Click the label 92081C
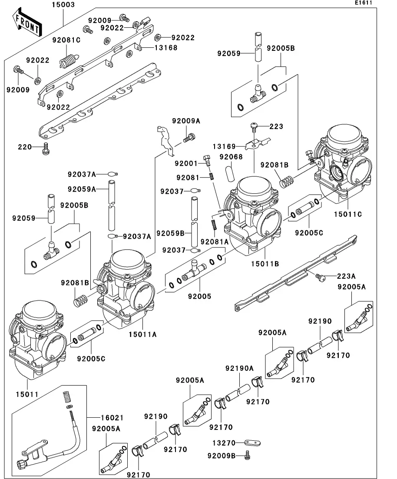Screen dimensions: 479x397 click(x=66, y=40)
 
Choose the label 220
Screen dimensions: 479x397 click(x=25, y=147)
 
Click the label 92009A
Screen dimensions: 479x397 click(x=186, y=121)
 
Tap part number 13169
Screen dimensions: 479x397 click(x=224, y=147)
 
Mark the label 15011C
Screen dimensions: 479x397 click(x=347, y=214)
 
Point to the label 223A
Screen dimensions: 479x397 click(x=347, y=276)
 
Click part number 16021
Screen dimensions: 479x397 click(x=112, y=418)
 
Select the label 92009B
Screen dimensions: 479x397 click(x=221, y=456)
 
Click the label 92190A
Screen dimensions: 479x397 click(x=239, y=368)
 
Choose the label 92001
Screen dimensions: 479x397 click(x=186, y=164)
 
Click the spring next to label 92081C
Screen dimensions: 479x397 click(x=67, y=60)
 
